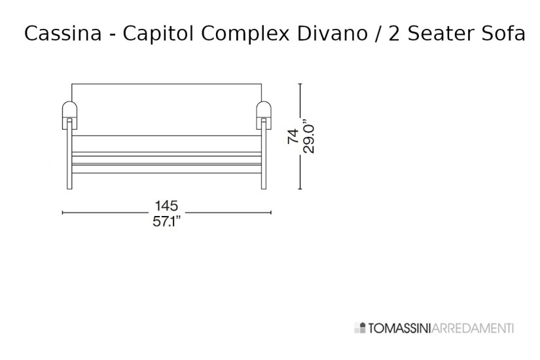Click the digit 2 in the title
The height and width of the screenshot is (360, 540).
(395, 33)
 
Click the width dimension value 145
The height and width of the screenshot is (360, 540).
(166, 206)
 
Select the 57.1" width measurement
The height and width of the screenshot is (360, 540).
(166, 221)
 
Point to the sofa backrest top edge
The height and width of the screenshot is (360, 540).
(166, 84)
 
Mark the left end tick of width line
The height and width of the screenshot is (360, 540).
(62, 213)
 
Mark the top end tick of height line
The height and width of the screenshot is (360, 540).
(300, 83)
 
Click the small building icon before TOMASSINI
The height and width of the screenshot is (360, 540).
(357, 327)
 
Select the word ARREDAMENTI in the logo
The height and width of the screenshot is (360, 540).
(473, 327)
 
